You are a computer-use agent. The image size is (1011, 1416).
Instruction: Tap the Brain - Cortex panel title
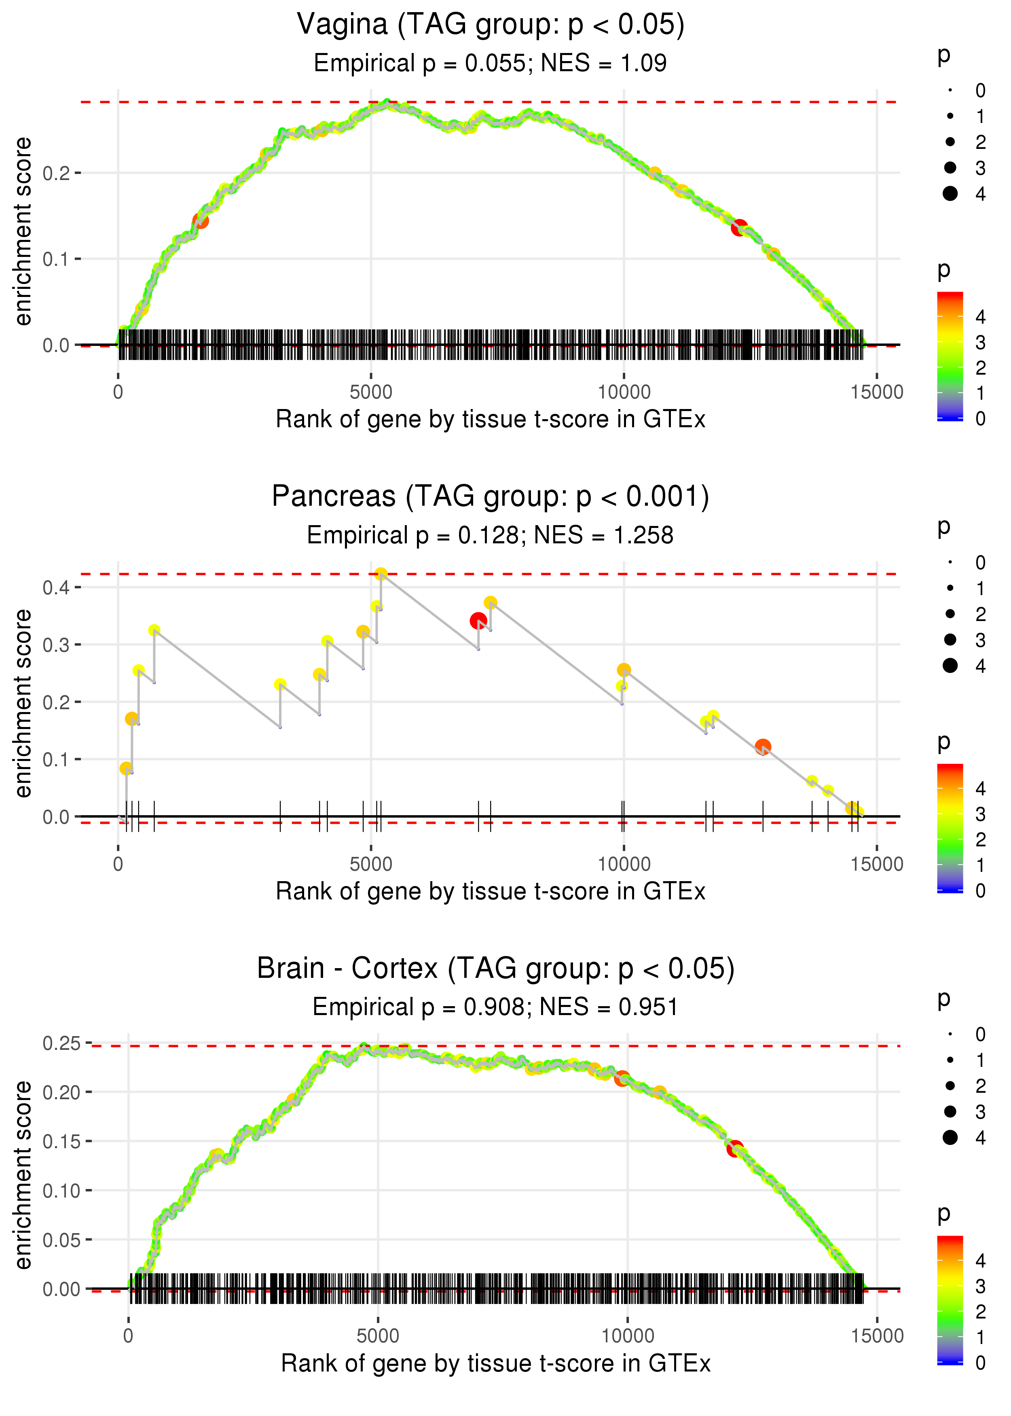[x=495, y=968]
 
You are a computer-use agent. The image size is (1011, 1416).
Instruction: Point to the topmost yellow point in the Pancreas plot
[x=381, y=574]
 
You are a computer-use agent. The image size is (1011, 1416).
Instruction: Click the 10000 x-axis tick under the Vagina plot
[x=624, y=392]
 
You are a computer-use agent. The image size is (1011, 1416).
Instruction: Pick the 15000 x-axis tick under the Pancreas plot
[x=876, y=864]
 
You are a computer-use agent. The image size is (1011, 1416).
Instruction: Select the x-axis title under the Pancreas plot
[x=491, y=891]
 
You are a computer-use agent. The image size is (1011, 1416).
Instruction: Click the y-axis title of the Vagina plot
[x=23, y=232]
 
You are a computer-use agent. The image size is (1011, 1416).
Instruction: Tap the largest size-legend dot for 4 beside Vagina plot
[x=950, y=194]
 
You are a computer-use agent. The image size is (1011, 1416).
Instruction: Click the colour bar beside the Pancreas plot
[x=950, y=828]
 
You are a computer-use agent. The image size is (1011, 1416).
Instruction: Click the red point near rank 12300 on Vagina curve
[x=739, y=227]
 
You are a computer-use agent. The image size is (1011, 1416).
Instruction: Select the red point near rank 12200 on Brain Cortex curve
[x=735, y=1148]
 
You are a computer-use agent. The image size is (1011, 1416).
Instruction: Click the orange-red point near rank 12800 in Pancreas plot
[x=763, y=746]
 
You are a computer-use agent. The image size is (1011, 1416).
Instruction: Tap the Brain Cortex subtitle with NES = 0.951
[x=495, y=1007]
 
